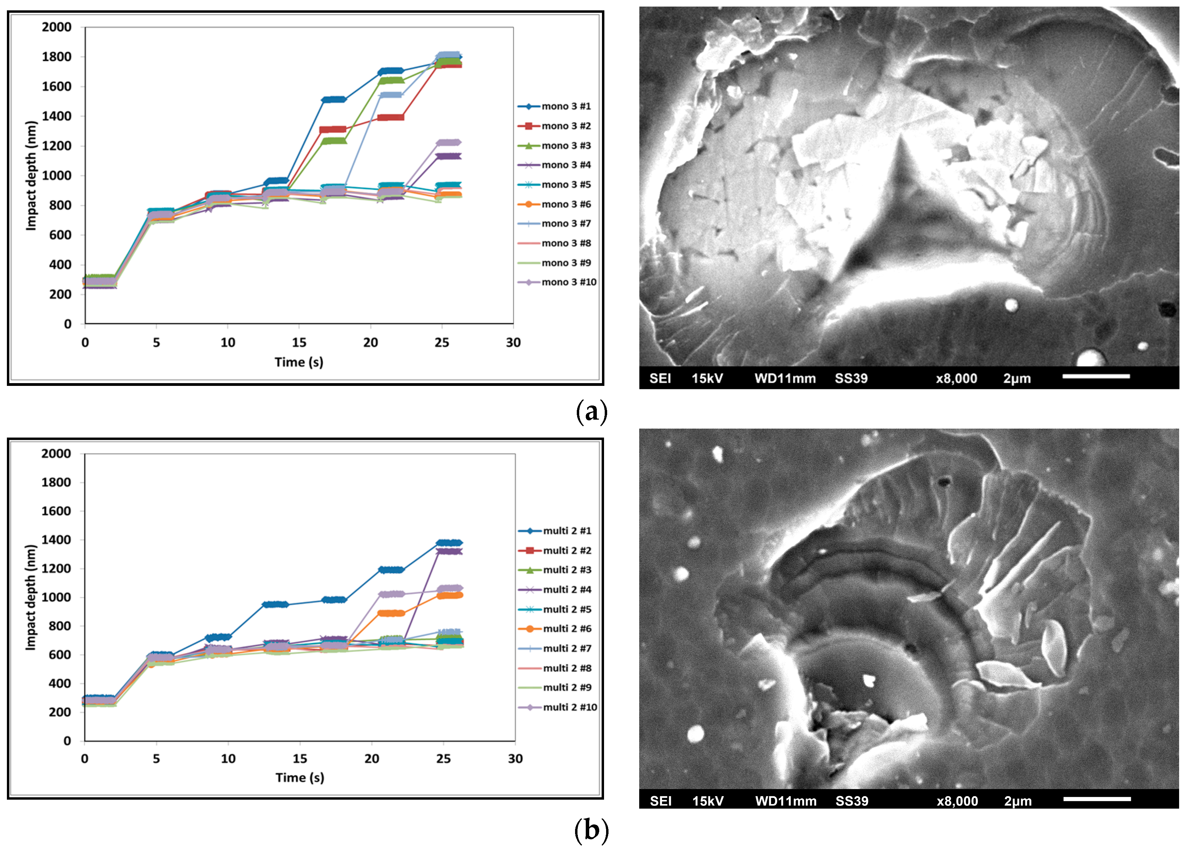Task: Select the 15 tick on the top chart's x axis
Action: coord(299,343)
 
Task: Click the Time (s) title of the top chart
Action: coord(299,362)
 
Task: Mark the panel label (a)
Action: coord(591,412)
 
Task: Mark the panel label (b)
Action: coord(591,830)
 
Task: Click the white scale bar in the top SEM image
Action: coord(1096,376)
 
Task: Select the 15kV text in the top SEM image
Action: coord(707,378)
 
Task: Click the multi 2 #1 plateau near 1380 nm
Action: coord(449,543)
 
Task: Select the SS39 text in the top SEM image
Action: coord(851,378)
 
